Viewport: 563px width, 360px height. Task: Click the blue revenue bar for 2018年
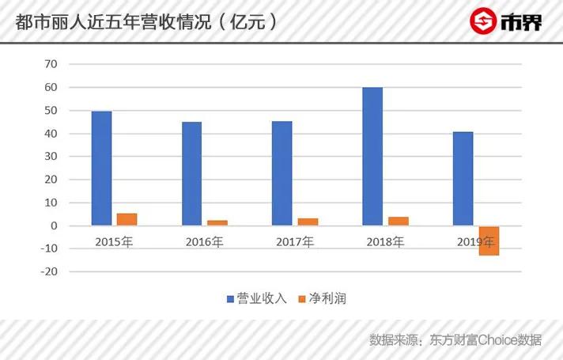click(x=372, y=157)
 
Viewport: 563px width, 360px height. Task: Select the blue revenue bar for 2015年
click(x=101, y=169)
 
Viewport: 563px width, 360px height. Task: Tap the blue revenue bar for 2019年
click(x=463, y=179)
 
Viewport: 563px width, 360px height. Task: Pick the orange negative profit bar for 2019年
click(x=489, y=241)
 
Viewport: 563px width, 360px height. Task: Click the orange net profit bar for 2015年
click(x=127, y=219)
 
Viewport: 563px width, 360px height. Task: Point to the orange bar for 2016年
click(x=217, y=223)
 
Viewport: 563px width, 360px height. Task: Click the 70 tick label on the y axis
click(x=52, y=64)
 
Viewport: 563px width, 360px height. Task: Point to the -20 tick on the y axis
click(x=50, y=271)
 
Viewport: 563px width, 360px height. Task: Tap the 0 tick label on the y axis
click(x=55, y=225)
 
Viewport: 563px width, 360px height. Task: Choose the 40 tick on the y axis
click(x=52, y=134)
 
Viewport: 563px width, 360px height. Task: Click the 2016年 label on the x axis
click(x=204, y=241)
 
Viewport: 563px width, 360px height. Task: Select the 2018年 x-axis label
click(x=384, y=241)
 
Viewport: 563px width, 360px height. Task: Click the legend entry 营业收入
click(x=257, y=299)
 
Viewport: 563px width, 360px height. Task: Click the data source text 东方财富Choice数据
click(x=486, y=340)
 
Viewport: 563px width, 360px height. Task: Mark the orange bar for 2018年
click(x=399, y=221)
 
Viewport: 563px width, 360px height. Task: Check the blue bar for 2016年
click(x=191, y=173)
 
